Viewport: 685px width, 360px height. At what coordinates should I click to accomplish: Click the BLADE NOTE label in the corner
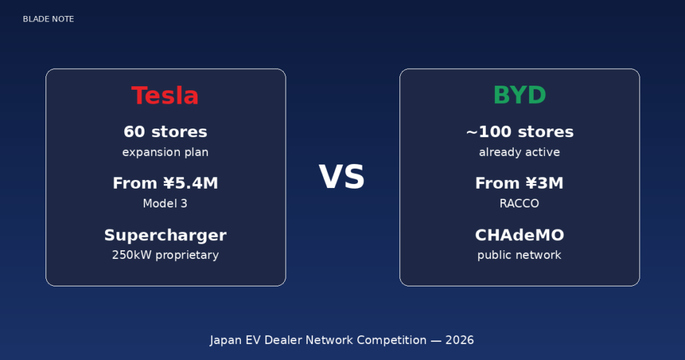point(48,19)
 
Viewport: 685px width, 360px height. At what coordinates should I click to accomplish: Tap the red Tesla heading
point(165,96)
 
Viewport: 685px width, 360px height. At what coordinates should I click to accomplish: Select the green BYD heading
point(519,96)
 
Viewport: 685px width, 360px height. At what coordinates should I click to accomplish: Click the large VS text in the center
point(342,178)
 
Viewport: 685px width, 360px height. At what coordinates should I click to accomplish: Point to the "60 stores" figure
point(165,132)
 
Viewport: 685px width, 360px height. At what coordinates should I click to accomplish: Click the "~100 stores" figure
point(519,132)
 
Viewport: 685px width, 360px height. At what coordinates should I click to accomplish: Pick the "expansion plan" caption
point(165,153)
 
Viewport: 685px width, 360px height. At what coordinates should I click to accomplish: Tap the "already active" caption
point(519,153)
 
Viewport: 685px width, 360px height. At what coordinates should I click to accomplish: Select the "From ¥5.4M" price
point(165,183)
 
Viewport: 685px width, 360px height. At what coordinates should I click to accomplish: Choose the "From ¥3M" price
point(519,183)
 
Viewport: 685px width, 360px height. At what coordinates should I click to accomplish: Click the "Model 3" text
point(165,203)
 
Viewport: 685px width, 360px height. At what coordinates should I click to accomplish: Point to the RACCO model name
point(519,203)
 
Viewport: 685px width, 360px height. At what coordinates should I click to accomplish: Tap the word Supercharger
point(165,236)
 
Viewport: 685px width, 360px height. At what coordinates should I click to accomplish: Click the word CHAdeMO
point(519,236)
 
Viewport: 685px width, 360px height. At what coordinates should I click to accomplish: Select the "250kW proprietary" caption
point(165,255)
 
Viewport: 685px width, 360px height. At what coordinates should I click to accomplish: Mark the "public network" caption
point(519,255)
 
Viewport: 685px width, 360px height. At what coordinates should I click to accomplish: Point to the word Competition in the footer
point(391,340)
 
